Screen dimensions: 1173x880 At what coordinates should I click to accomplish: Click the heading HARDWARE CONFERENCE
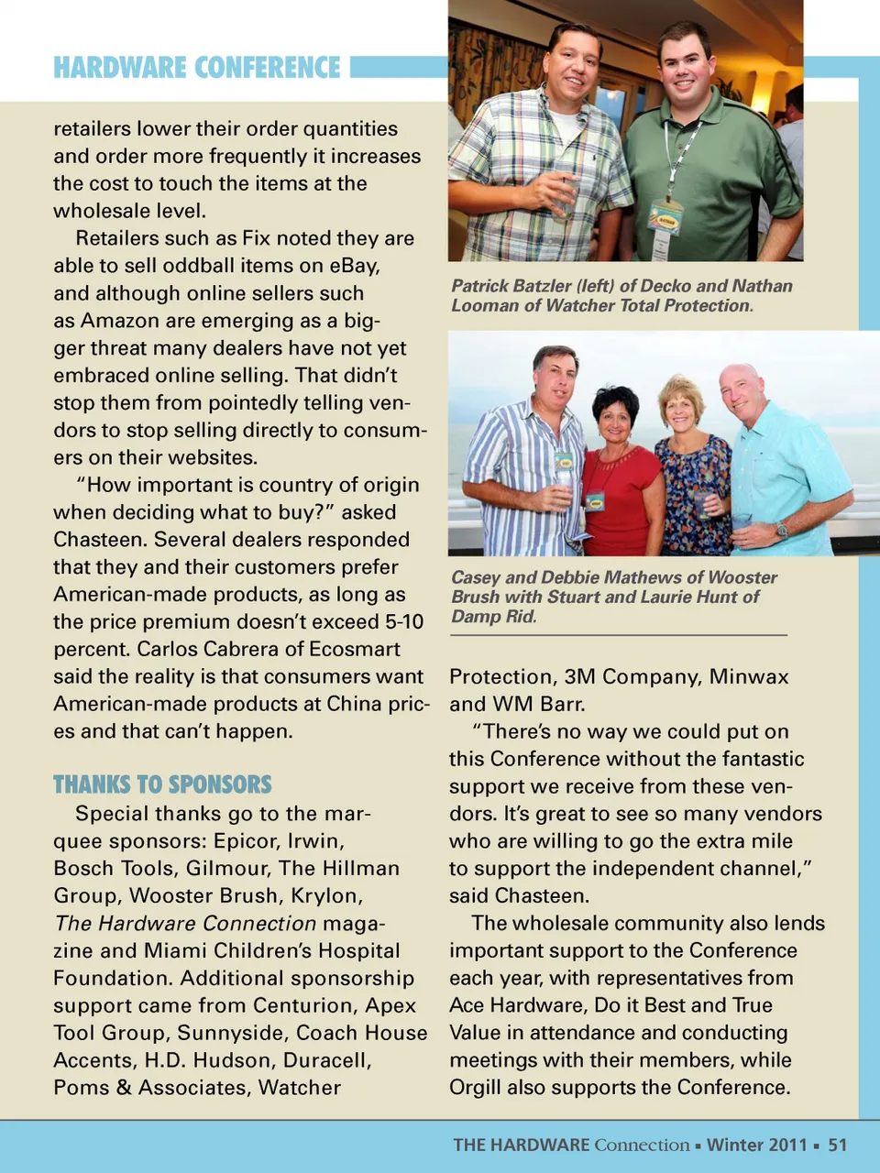[x=196, y=68]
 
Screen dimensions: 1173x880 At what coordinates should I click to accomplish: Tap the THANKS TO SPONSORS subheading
[x=162, y=784]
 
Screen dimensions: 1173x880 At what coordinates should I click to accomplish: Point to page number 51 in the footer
[x=838, y=1145]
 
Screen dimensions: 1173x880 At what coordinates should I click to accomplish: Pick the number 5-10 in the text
[x=404, y=621]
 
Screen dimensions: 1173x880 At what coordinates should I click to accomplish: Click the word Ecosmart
[x=355, y=649]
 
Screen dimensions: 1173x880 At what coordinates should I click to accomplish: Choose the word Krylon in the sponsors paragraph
[x=330, y=895]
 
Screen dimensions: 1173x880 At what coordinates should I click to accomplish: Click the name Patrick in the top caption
[x=480, y=286]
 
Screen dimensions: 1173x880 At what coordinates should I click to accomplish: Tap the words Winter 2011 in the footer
[x=756, y=1145]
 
